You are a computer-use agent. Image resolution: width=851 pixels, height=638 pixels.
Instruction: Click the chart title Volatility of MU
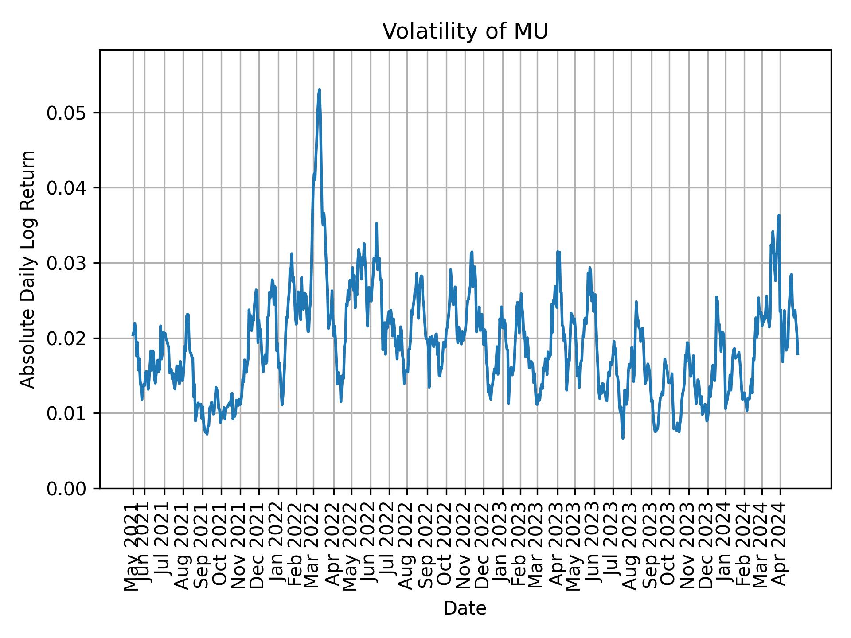pyautogui.click(x=465, y=31)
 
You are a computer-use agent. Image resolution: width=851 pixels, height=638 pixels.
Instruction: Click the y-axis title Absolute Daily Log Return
pyautogui.click(x=28, y=269)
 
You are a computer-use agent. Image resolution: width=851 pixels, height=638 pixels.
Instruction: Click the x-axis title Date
pyautogui.click(x=465, y=608)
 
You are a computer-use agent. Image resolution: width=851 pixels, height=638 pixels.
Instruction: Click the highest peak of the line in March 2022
pyautogui.click(x=319, y=90)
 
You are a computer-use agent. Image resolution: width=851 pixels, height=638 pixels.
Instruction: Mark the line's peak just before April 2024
pyautogui.click(x=779, y=215)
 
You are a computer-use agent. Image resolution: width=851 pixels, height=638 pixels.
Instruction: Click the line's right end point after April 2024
pyautogui.click(x=798, y=354)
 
